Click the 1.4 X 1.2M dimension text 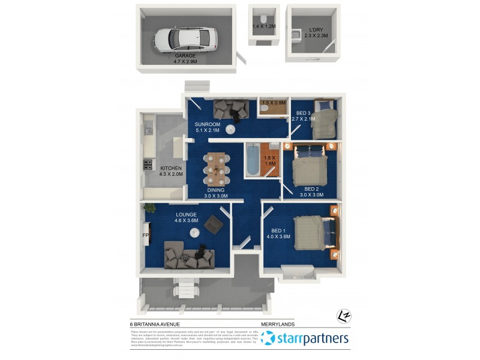(264, 26)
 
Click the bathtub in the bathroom (253, 161)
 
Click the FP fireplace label (145, 235)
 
